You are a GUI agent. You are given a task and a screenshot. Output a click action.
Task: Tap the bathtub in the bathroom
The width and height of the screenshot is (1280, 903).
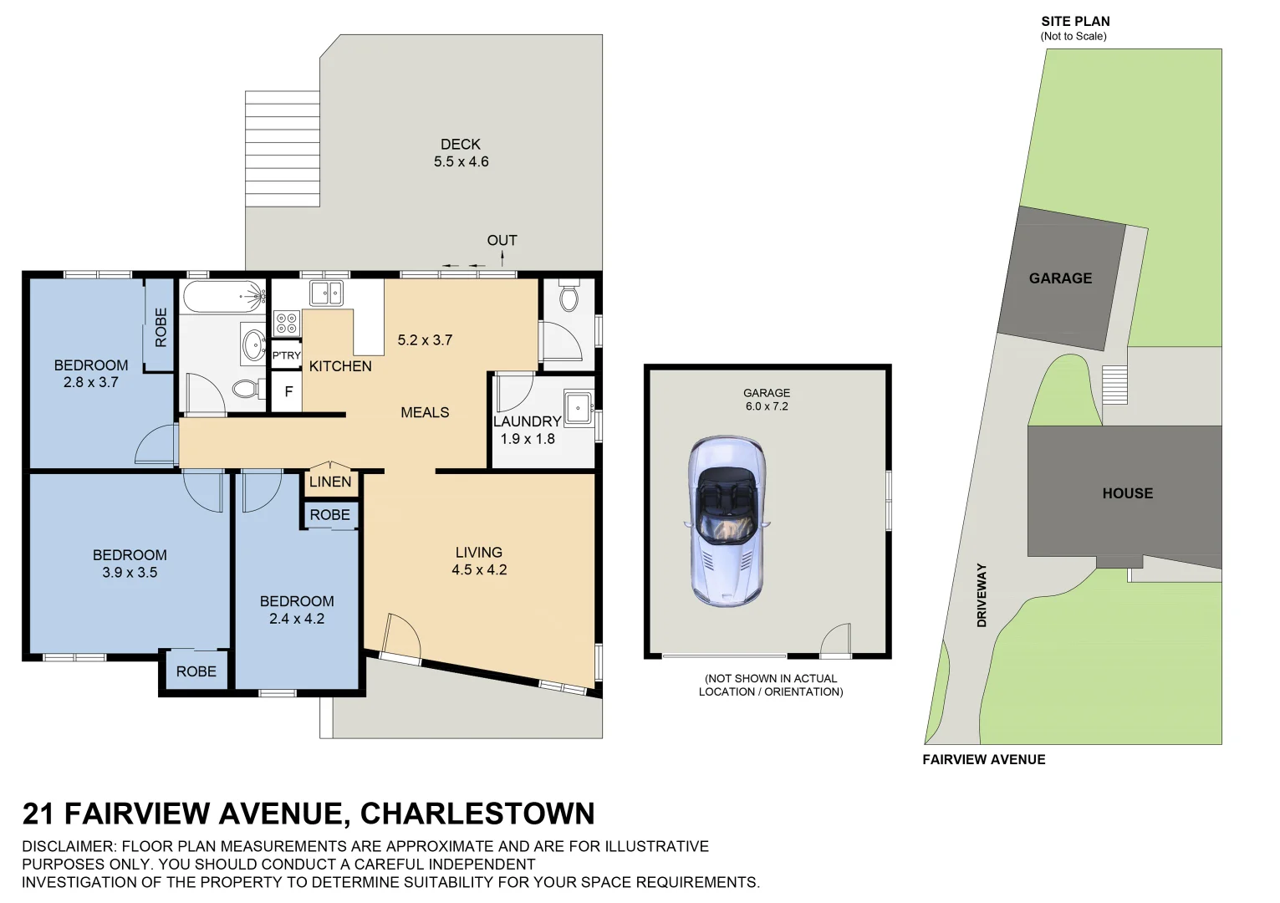222,296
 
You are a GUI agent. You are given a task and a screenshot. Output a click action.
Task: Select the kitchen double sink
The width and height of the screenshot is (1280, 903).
326,293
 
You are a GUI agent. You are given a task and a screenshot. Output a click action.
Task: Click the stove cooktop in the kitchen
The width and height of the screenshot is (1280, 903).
286,323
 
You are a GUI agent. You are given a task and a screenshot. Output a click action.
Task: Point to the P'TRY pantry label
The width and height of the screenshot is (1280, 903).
286,355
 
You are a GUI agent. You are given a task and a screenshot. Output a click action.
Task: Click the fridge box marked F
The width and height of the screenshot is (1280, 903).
288,391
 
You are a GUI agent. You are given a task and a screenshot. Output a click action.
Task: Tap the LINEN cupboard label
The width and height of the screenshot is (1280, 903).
330,482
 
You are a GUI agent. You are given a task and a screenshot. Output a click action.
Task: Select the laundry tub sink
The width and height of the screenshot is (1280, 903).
578,408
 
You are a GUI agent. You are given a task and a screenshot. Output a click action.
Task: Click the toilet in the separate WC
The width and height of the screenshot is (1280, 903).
569,297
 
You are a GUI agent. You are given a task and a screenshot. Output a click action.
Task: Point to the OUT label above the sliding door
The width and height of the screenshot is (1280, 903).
502,241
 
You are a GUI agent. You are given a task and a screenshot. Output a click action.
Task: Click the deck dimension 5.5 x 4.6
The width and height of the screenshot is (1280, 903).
461,162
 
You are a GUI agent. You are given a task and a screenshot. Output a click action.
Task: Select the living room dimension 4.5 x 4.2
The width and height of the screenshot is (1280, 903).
479,570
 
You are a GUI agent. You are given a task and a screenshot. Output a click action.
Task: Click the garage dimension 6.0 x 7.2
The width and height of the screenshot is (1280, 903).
767,406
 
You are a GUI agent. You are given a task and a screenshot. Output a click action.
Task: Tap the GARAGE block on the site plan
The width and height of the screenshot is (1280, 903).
1060,278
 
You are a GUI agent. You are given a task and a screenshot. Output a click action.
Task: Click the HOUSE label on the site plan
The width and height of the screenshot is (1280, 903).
1127,493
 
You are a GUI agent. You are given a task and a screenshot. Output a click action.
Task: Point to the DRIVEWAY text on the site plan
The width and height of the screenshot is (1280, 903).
982,594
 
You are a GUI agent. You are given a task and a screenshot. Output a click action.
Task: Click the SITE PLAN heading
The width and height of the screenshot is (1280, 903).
1075,22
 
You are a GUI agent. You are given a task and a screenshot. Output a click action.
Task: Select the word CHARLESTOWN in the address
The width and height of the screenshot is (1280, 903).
477,814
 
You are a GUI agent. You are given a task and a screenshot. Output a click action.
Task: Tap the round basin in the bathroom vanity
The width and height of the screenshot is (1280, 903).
252,344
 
